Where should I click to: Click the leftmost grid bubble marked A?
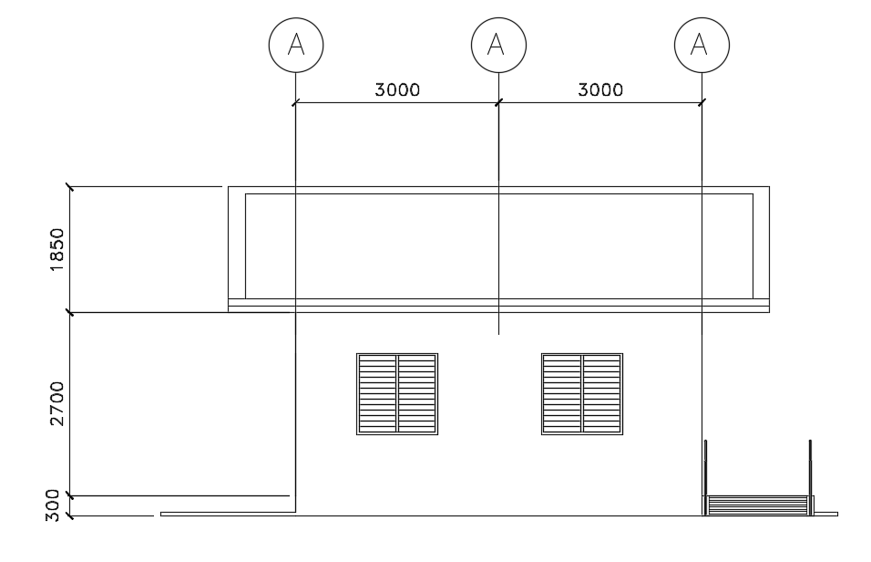[x=296, y=45]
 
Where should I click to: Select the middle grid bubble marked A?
[x=498, y=45]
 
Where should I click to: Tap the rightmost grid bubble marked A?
[x=701, y=45]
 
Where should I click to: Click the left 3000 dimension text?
[x=397, y=89]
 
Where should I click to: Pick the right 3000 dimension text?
[x=600, y=89]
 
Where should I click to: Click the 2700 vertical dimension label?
[x=56, y=404]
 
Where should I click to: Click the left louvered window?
[x=397, y=393]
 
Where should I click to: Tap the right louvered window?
[x=582, y=393]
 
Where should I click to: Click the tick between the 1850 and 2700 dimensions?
[x=69, y=313]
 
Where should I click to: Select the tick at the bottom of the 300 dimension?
[x=69, y=516]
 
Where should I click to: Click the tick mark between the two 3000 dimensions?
[x=498, y=102]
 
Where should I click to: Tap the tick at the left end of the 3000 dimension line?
[x=296, y=102]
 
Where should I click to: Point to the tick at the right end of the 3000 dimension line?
[x=701, y=102]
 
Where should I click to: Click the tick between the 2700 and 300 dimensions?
[x=69, y=496]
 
